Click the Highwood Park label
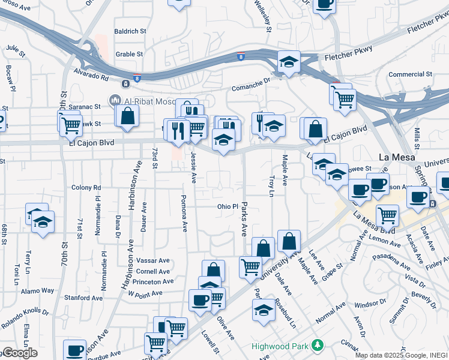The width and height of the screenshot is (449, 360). tap(279, 346)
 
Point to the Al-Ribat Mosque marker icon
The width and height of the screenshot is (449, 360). tap(113, 100)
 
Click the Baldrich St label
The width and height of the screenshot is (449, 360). tap(130, 31)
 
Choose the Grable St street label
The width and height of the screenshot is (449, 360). tap(129, 54)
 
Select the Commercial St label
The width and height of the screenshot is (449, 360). tap(410, 74)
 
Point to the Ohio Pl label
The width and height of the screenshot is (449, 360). tap(228, 206)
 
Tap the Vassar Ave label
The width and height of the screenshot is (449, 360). tap(153, 261)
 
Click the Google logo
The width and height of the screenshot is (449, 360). tap(19, 353)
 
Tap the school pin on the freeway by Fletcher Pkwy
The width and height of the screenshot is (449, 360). tap(289, 62)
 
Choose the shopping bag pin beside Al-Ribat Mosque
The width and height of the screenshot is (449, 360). tap(128, 115)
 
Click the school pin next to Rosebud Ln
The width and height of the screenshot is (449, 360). tap(263, 310)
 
